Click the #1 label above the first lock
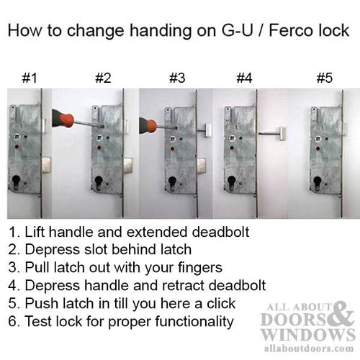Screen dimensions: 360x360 [30, 77]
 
